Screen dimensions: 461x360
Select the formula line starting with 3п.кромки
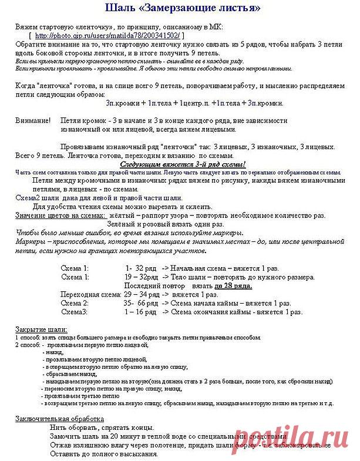coord(194,103)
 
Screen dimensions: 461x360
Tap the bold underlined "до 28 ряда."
coord(233,285)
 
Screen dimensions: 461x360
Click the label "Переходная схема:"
coord(91,294)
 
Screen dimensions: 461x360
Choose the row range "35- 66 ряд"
coord(141,302)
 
